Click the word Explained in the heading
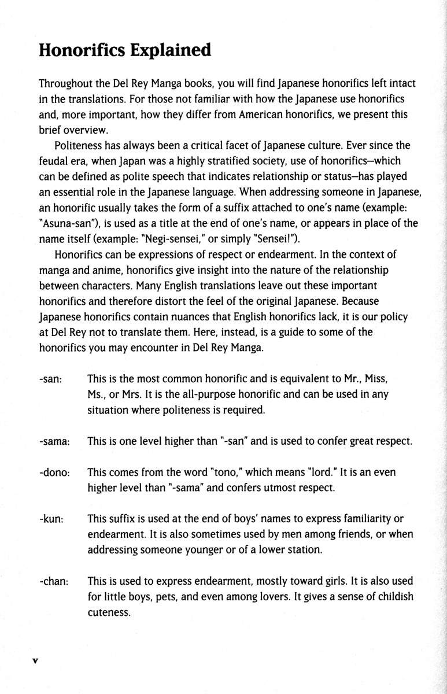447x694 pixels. pyautogui.click(x=172, y=50)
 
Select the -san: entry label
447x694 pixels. pyautogui.click(x=51, y=379)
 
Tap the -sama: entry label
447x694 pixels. pyautogui.click(x=55, y=441)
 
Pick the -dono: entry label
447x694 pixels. pyautogui.click(x=55, y=472)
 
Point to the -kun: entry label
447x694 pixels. pyautogui.click(x=51, y=519)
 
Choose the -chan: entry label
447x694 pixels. pyautogui.click(x=54, y=581)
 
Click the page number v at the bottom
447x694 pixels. pyautogui.click(x=35, y=660)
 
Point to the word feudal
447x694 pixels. pyautogui.click(x=53, y=160)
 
